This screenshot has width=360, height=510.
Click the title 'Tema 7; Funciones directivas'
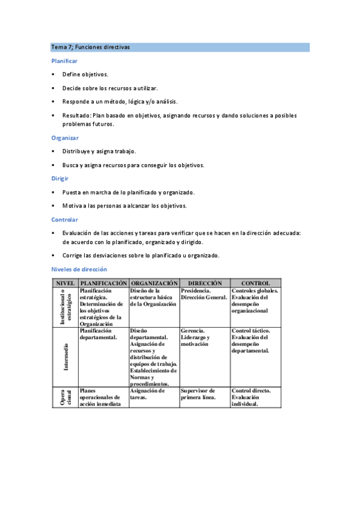coord(91,47)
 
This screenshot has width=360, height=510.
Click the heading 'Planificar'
coord(64,61)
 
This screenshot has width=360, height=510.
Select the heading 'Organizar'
coord(65,138)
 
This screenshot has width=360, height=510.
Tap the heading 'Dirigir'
coord(61,179)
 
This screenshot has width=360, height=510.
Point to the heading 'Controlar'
coord(65,220)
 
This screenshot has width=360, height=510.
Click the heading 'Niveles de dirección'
coord(79,269)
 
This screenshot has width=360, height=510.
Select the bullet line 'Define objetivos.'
coord(85,75)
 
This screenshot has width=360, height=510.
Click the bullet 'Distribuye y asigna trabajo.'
coord(99,152)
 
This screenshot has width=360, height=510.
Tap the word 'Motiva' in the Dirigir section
coord(72,206)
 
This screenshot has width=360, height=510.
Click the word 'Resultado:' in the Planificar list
coord(76,115)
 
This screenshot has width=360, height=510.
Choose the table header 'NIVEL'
coord(65,283)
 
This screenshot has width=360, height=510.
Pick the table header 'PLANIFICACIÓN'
coord(103,283)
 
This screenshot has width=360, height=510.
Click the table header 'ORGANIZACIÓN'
coord(154,283)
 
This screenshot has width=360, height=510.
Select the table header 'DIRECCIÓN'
coord(205,283)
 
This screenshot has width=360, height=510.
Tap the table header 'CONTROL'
coord(255,283)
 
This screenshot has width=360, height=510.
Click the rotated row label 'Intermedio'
coord(66,357)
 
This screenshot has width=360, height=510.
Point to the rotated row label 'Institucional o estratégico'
coord(66,307)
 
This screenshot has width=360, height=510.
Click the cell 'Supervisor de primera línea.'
coord(198,394)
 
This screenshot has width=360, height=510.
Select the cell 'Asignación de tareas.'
coord(148,394)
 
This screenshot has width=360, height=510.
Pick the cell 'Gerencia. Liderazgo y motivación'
coord(195,337)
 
